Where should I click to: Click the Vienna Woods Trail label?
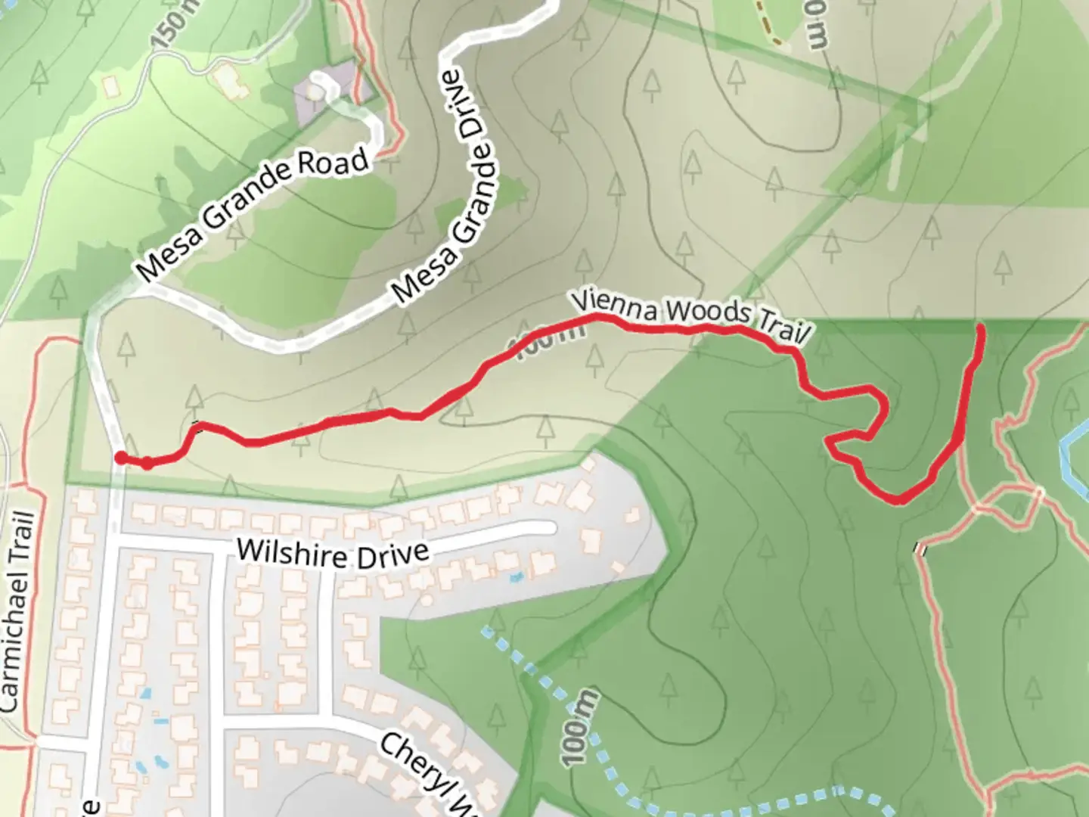click(x=690, y=318)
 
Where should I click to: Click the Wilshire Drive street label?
click(x=333, y=554)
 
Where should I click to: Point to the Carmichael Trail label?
click(x=18, y=611)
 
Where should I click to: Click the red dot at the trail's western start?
click(x=120, y=457)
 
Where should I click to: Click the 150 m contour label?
click(x=176, y=23)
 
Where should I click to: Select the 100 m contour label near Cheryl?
click(x=580, y=726)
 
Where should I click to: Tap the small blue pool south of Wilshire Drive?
click(x=517, y=577)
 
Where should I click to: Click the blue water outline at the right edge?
click(x=1072, y=454)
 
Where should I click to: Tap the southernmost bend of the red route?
click(x=898, y=499)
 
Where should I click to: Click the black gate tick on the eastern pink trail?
click(x=920, y=549)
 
